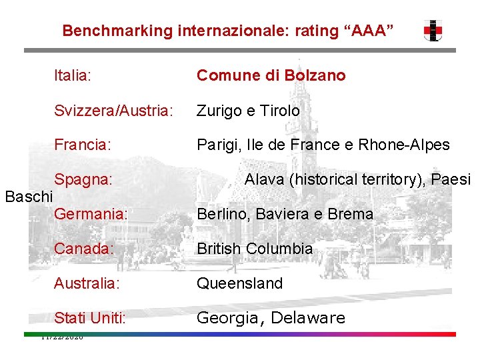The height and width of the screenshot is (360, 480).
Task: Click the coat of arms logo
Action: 433,30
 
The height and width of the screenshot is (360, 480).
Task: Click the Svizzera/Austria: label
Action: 113,111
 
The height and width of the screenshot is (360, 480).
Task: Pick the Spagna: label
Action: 83,180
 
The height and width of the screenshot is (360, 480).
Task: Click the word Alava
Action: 263,180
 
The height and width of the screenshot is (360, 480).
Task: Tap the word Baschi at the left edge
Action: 28,197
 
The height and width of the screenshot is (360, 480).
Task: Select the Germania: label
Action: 91,215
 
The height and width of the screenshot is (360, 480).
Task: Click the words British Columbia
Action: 254,249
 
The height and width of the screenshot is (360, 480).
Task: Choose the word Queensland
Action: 239,284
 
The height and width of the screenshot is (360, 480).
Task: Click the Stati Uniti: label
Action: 90,319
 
